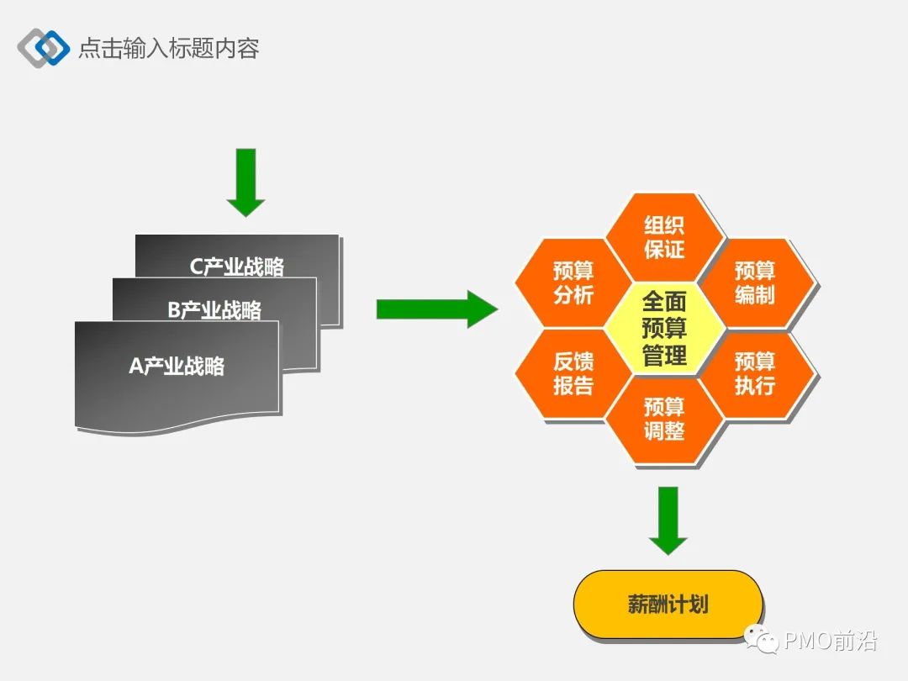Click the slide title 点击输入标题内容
pyautogui.click(x=168, y=47)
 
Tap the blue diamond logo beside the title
pyautogui.click(x=44, y=48)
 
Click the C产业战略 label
pyautogui.click(x=237, y=267)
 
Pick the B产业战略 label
pyautogui.click(x=214, y=310)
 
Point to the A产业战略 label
pyautogui.click(x=177, y=366)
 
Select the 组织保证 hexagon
pyautogui.click(x=664, y=237)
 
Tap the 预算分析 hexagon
pyautogui.click(x=573, y=282)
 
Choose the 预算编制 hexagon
pyautogui.click(x=755, y=282)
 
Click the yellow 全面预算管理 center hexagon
pyautogui.click(x=664, y=328)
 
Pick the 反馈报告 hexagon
pyautogui.click(x=573, y=373)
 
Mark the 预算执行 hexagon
pyautogui.click(x=755, y=373)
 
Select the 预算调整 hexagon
pyautogui.click(x=664, y=419)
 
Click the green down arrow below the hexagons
pyautogui.click(x=668, y=520)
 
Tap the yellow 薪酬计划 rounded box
pyautogui.click(x=668, y=604)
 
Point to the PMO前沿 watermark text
pyautogui.click(x=830, y=642)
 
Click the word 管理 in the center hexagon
pyautogui.click(x=664, y=356)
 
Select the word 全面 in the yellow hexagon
pyautogui.click(x=664, y=301)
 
